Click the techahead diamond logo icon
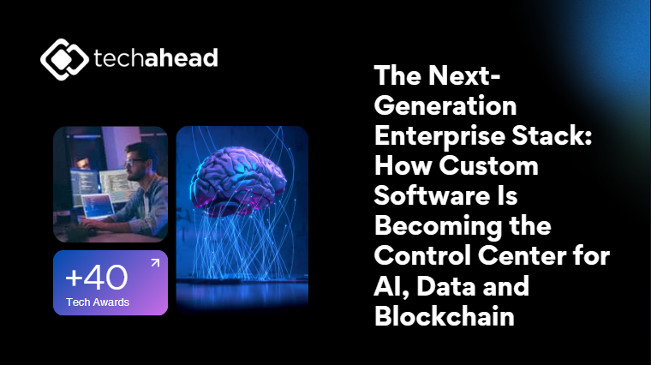(64, 59)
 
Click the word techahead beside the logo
(156, 57)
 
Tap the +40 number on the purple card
(97, 278)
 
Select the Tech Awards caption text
(98, 302)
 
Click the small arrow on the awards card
(155, 262)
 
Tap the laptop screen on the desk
(99, 206)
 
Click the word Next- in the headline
(464, 75)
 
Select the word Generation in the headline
(445, 105)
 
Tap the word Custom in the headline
(488, 165)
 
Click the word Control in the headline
(422, 255)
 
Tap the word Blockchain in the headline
(445, 315)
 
